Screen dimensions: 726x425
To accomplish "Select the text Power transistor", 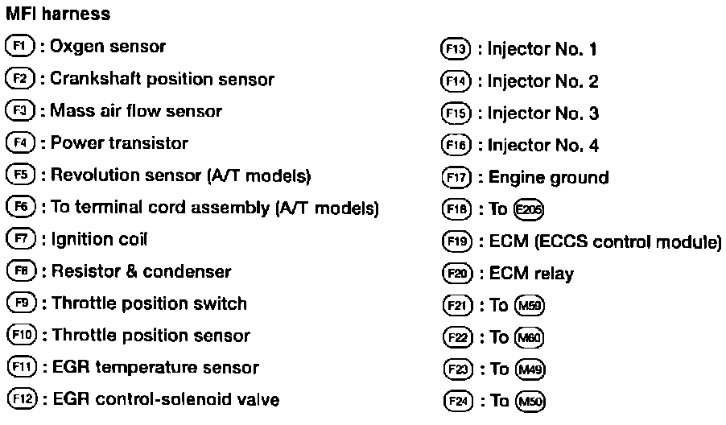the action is click(x=119, y=143).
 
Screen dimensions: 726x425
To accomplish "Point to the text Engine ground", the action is click(x=549, y=177).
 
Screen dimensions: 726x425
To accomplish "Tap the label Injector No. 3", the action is click(x=543, y=113).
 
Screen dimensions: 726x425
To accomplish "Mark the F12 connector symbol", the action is click(x=20, y=400).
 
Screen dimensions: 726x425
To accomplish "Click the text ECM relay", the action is click(x=531, y=274).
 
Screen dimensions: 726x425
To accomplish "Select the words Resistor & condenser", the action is click(x=141, y=271).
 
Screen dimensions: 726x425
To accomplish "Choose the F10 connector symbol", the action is click(x=20, y=336).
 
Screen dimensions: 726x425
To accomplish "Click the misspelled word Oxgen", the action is click(x=76, y=47).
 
